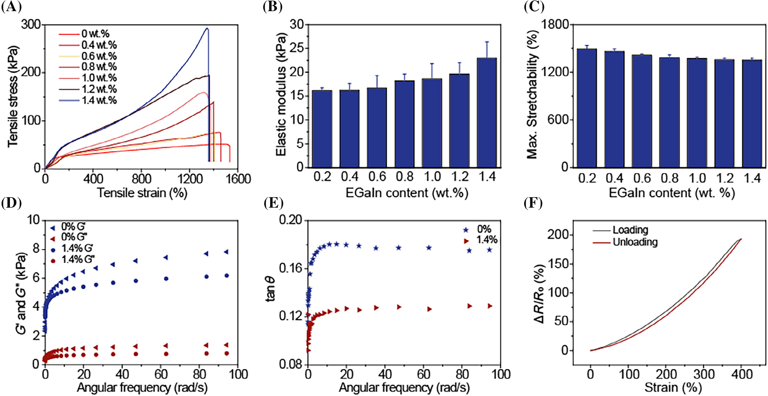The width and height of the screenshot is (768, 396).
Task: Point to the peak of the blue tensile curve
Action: (207, 28)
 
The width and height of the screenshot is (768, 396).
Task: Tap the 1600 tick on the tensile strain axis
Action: (238, 179)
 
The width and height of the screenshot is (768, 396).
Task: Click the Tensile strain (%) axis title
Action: (142, 193)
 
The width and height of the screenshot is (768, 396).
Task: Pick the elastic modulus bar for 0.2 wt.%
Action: (322, 129)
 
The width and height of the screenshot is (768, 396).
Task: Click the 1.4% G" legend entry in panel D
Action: (78, 260)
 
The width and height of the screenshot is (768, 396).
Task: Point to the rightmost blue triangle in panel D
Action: (226, 252)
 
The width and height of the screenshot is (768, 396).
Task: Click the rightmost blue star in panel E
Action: (490, 250)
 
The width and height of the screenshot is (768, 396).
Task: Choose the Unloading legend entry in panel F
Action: (635, 242)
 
